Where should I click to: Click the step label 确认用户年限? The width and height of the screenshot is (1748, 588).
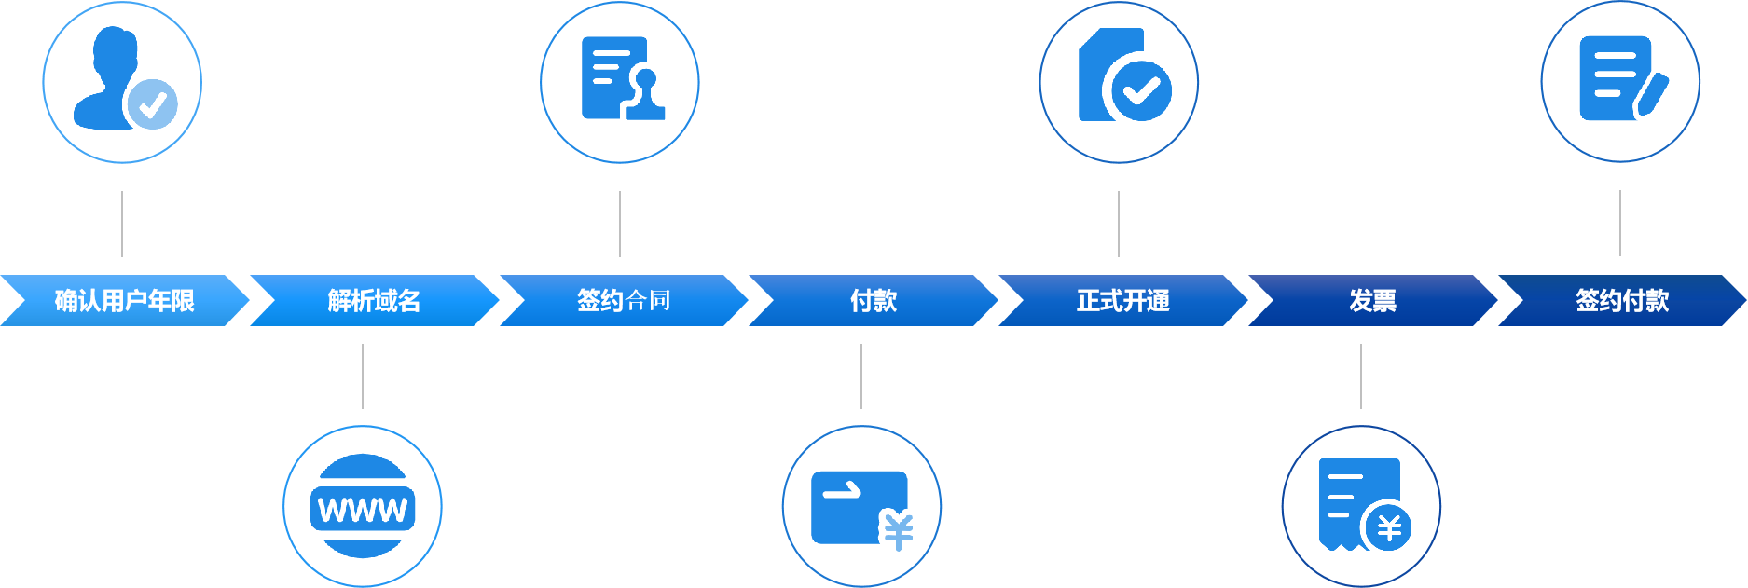(124, 300)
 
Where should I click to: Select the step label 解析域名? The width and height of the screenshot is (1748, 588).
(374, 300)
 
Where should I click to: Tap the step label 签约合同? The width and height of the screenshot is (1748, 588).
(623, 300)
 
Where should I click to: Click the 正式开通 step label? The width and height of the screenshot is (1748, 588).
(1122, 300)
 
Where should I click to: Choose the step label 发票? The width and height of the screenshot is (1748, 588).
(1372, 300)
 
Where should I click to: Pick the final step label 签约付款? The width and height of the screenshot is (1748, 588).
(1622, 300)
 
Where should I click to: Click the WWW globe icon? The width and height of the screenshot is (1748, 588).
(363, 507)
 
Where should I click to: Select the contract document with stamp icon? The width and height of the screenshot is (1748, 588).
(620, 80)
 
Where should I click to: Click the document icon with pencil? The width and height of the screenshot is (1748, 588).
(1620, 80)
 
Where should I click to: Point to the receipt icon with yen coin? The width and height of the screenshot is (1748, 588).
(1361, 505)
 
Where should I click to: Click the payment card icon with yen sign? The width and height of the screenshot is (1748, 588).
(861, 507)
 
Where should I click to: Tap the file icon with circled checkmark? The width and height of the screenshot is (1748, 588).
(1119, 80)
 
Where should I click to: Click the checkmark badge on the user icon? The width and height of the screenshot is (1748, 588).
(152, 103)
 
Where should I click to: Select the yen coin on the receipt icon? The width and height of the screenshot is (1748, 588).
(1389, 528)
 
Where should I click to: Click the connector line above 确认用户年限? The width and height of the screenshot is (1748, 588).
(122, 224)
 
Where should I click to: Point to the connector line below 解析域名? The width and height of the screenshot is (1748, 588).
(363, 376)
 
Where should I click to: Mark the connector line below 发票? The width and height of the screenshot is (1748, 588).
(1361, 376)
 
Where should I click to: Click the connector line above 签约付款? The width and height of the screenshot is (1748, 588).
(1620, 223)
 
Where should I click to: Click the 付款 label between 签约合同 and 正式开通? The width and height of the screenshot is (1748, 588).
(874, 300)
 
